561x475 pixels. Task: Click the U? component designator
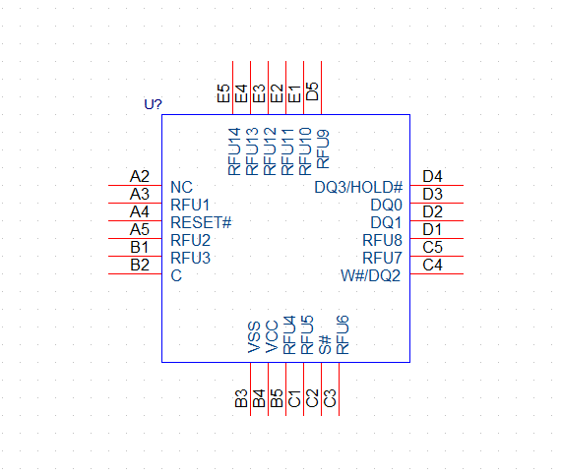[154, 104]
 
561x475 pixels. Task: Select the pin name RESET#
[201, 222]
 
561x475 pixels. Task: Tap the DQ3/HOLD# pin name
[358, 187]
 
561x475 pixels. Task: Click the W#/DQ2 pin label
[370, 275]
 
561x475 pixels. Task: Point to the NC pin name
[182, 187]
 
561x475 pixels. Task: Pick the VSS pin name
[254, 337]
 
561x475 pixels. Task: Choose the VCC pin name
[272, 337]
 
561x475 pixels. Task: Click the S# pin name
[325, 344]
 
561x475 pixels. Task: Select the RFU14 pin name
[234, 151]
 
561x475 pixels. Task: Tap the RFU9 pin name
[323, 149]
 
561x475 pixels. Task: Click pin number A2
[139, 177]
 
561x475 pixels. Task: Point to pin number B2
[140, 266]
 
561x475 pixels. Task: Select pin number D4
[432, 177]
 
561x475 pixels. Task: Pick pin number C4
[432, 266]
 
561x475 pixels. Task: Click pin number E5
[223, 93]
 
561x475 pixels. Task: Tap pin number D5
[312, 91]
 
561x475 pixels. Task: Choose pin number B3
[241, 398]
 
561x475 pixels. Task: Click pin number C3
[330, 398]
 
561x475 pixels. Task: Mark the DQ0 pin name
[387, 206]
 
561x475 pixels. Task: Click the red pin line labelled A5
[135, 238]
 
